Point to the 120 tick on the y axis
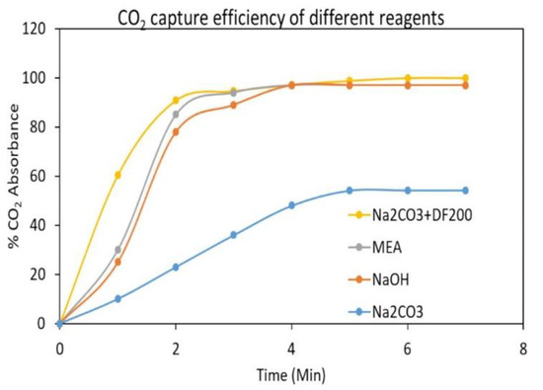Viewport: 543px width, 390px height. click(x=39, y=29)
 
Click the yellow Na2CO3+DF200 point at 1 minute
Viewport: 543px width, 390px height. click(x=117, y=175)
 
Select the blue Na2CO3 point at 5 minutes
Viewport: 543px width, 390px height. click(x=349, y=191)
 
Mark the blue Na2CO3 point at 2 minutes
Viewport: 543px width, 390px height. click(x=176, y=267)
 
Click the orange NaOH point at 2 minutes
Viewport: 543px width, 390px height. click(x=176, y=131)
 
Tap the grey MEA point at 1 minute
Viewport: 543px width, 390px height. click(x=117, y=249)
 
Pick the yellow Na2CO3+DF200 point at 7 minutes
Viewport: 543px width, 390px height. click(x=464, y=78)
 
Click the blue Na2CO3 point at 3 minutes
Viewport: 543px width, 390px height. click(x=233, y=235)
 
